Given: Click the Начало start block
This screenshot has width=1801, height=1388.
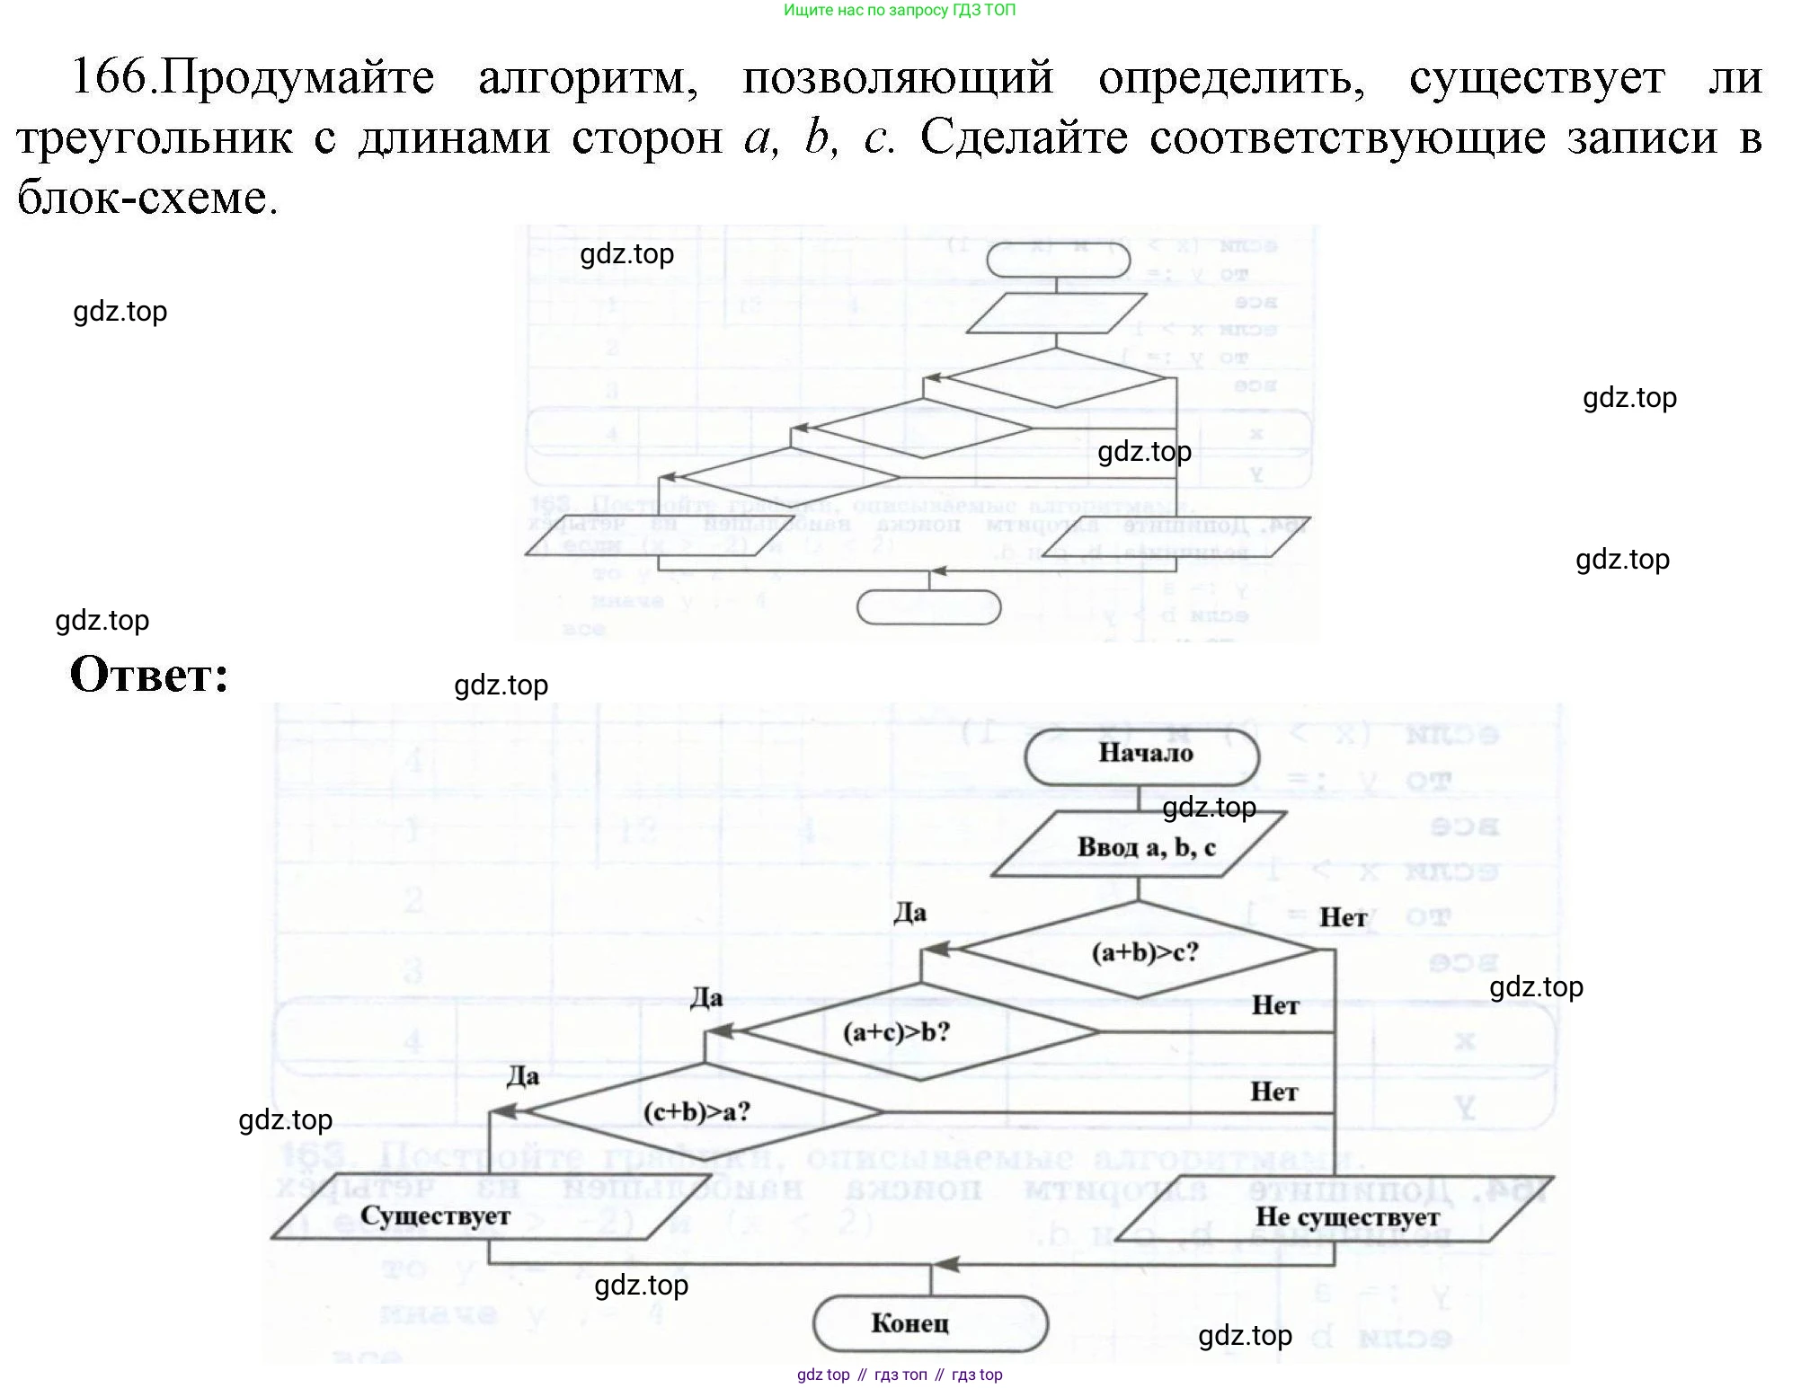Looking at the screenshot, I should tap(1144, 753).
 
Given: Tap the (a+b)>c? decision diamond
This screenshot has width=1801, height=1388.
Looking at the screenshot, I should tap(1142, 951).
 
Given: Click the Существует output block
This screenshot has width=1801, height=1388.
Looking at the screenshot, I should tap(435, 1216).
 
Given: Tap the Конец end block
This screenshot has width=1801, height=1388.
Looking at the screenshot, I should tap(910, 1323).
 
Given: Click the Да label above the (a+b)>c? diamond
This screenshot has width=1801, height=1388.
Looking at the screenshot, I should tap(909, 914).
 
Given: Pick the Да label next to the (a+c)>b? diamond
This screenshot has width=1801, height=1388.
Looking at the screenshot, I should tap(706, 997).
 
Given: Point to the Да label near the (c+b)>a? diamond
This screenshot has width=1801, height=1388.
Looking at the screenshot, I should tap(522, 1075).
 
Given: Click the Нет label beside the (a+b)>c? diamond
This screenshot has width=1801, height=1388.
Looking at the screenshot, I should tap(1343, 917).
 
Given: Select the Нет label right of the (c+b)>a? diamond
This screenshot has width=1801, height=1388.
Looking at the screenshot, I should tap(1274, 1092).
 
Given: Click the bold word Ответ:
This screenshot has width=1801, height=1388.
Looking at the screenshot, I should tap(150, 675).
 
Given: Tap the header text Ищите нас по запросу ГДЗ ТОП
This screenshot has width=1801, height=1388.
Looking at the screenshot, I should tap(900, 11).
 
